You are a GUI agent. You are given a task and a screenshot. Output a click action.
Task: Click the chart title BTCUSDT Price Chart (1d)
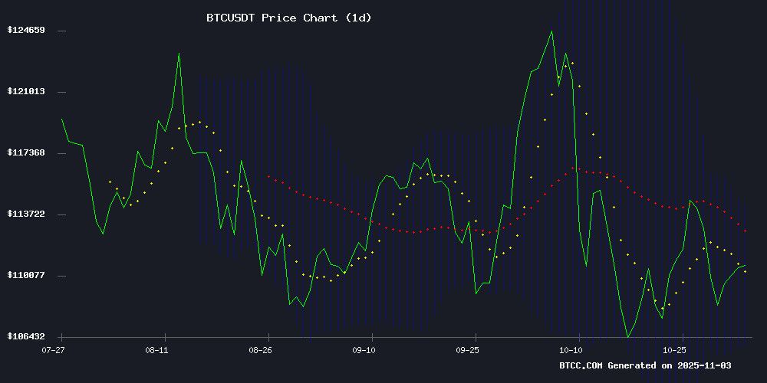coord(289,18)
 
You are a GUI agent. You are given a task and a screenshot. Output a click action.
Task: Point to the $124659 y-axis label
coord(26,30)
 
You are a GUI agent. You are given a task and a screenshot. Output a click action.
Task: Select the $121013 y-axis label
coord(26,91)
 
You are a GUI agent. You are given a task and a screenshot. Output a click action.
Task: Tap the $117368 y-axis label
coord(26,152)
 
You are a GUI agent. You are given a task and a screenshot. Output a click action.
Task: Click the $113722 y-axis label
coord(26,214)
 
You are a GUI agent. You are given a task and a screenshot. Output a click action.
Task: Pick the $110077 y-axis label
coord(26,275)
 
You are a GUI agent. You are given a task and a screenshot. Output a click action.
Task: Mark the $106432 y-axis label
coord(26,336)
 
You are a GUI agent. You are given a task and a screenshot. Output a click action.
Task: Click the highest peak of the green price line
coord(551,31)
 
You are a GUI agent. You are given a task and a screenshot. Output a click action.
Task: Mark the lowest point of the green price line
coord(628,336)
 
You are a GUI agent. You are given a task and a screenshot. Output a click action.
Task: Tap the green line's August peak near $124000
coord(179,53)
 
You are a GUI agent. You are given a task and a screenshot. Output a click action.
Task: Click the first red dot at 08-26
coord(268,176)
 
